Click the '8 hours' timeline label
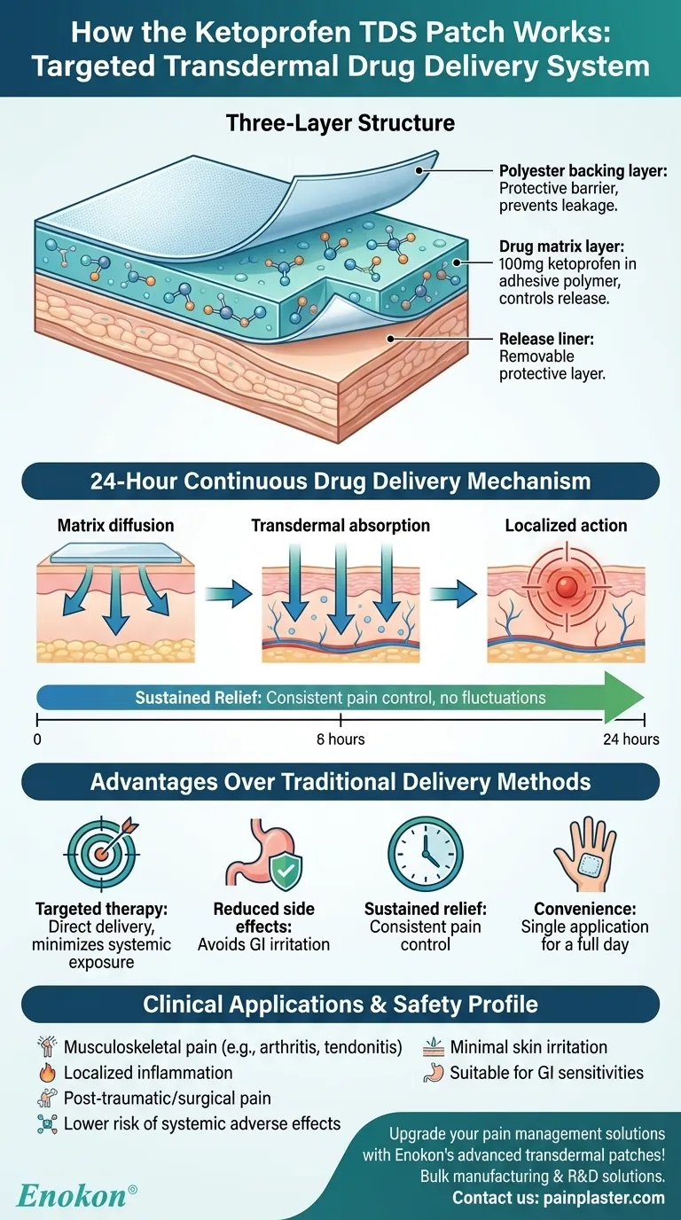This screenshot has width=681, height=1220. coord(340,739)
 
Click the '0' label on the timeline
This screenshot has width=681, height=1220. coord(36,739)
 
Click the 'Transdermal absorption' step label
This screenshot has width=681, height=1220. coord(340,526)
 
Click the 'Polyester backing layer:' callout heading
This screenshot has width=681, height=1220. coord(583,171)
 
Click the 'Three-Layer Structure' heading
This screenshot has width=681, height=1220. coord(340,122)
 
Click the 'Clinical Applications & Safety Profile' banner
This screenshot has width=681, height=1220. coord(340,1005)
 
